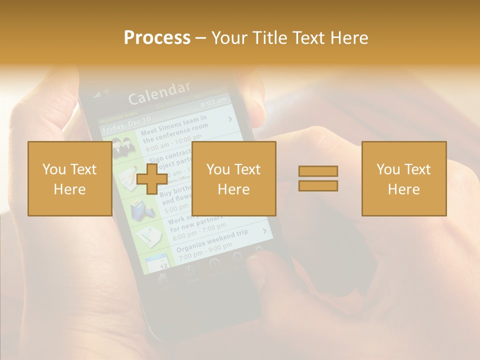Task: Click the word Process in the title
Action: (x=157, y=38)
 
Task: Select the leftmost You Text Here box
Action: (x=69, y=178)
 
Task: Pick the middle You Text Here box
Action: (x=233, y=178)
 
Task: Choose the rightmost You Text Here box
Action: (x=403, y=178)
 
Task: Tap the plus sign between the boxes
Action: (x=152, y=178)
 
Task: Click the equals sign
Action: (x=318, y=178)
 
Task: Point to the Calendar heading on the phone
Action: (x=159, y=93)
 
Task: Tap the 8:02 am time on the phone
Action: (x=213, y=103)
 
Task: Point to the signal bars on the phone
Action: (x=97, y=95)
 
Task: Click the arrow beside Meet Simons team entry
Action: (x=230, y=119)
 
